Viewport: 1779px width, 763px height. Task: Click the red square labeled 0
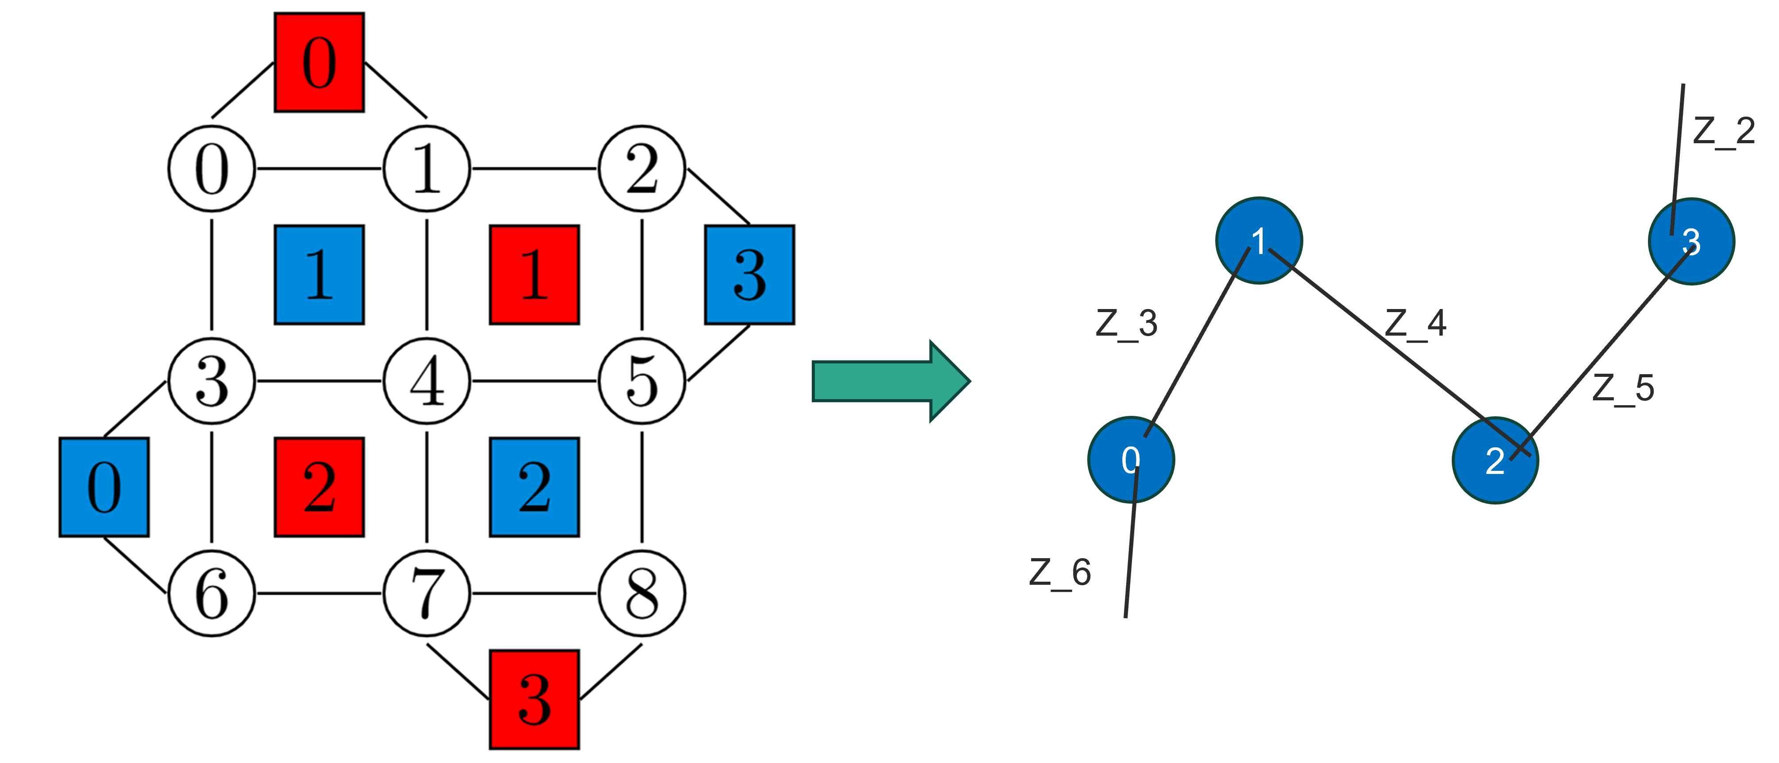319,62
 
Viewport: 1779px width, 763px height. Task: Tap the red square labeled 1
535,274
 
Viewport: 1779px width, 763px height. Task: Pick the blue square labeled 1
319,274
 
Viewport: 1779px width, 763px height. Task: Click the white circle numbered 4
427,381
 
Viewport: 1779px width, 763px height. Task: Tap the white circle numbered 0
212,168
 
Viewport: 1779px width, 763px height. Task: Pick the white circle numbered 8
642,594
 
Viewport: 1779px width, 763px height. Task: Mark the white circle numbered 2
642,168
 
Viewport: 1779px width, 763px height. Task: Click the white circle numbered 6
212,594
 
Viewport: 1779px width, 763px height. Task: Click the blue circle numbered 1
1259,240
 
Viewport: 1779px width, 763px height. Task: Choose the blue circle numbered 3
1691,241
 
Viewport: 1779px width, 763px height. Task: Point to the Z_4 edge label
1416,324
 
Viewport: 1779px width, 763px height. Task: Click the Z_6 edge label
1060,573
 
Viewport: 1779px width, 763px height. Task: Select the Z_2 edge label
1724,131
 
